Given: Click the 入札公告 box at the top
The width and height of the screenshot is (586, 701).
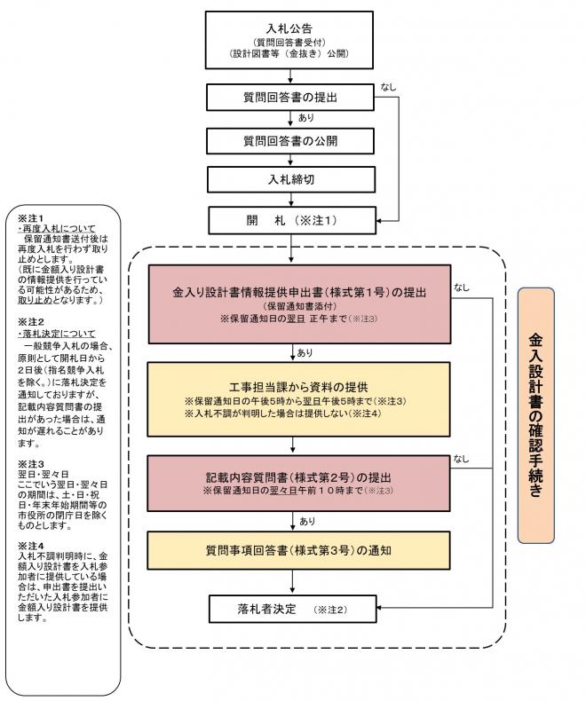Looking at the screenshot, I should click(289, 40).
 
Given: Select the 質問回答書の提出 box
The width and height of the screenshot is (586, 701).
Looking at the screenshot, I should click(289, 96).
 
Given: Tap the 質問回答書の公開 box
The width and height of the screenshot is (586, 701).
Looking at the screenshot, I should click(289, 139).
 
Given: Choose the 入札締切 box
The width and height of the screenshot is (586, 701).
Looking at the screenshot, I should click(289, 179).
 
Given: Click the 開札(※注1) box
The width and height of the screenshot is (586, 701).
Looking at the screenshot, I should click(289, 218).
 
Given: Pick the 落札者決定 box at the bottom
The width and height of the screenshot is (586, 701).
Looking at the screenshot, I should click(289, 610).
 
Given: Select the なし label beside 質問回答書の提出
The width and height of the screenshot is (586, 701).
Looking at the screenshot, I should click(389, 86).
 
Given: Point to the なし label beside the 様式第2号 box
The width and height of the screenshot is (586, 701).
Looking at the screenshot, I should click(462, 458).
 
